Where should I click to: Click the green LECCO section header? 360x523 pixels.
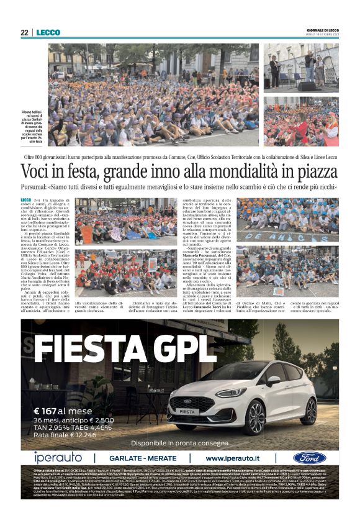(x=48, y=33)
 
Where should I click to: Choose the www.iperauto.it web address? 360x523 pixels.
(x=240, y=458)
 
